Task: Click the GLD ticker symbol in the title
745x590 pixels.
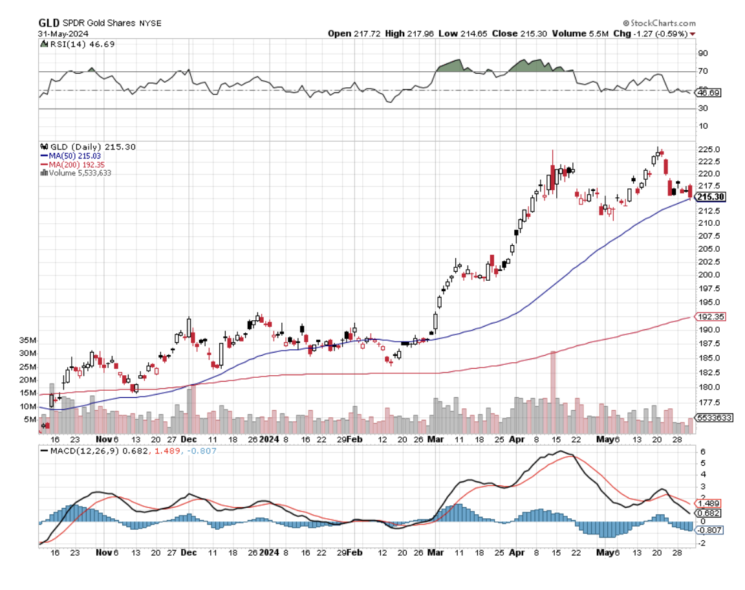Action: pyautogui.click(x=48, y=23)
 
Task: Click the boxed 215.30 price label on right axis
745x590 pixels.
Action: pyautogui.click(x=709, y=197)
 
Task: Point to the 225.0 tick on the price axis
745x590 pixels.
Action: pyautogui.click(x=707, y=149)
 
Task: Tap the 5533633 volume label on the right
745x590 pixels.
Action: pyautogui.click(x=713, y=418)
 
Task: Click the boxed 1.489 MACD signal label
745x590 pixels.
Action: pyautogui.click(x=706, y=503)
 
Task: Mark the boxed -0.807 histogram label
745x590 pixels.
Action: pyautogui.click(x=707, y=530)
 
